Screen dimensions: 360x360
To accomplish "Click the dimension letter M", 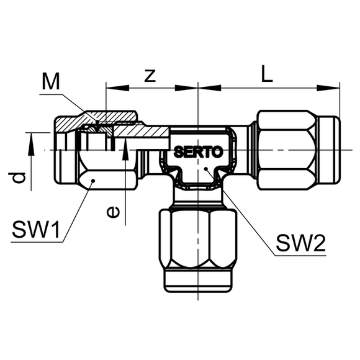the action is (51, 81).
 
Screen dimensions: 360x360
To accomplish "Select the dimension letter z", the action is (150, 76).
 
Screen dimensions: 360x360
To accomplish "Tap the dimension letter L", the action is (267, 74).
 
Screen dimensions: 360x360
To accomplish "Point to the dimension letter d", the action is (17, 178).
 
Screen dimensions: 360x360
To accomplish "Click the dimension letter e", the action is (113, 212).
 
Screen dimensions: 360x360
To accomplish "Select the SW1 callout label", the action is (36, 230).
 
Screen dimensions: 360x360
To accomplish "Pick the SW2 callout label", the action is (301, 243).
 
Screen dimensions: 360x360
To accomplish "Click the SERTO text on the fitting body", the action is (198, 152).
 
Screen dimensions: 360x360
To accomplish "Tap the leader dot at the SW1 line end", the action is (93, 181).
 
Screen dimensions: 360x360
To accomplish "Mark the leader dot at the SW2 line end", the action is (206, 169).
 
